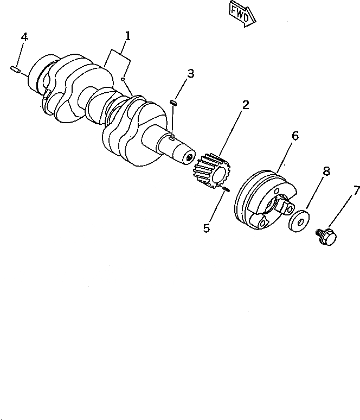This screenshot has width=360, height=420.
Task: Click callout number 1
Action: [127, 37]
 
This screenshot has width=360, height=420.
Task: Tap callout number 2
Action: [246, 105]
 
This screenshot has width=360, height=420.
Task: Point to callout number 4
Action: [24, 37]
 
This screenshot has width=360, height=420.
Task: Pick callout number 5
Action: [207, 228]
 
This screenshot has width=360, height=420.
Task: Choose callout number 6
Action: [295, 136]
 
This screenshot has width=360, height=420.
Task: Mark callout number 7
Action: [356, 190]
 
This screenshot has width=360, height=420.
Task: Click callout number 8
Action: [326, 171]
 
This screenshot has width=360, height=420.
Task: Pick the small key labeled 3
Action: [175, 101]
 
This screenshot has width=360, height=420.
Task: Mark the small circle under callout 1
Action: [124, 79]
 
